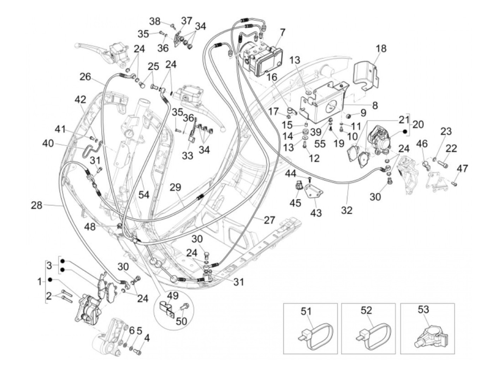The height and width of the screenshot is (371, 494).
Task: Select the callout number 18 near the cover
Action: [381, 48]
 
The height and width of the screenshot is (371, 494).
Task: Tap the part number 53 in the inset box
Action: [423, 309]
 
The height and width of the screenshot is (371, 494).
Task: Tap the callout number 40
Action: [48, 144]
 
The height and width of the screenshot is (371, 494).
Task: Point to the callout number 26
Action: [85, 77]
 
